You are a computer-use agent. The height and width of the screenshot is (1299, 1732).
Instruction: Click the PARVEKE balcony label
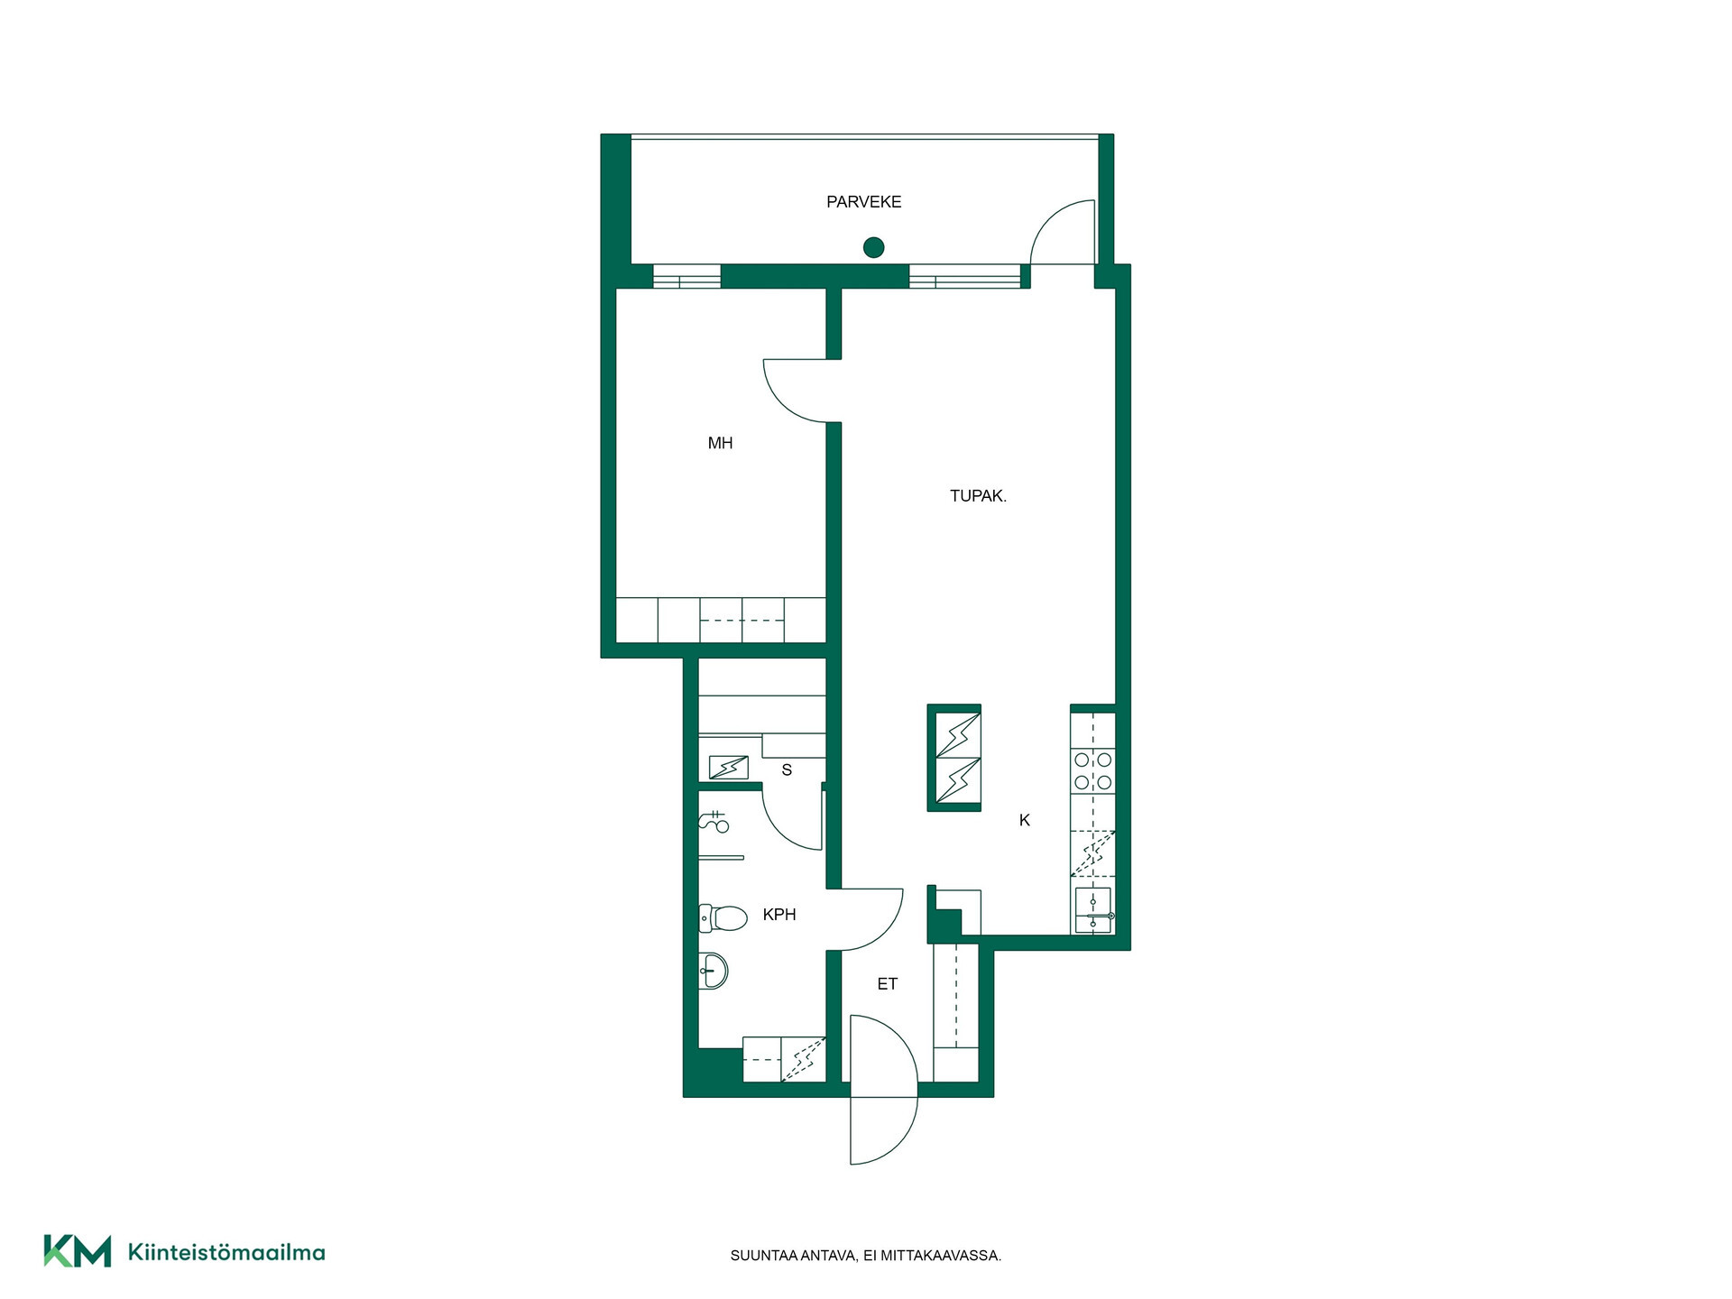[863, 202]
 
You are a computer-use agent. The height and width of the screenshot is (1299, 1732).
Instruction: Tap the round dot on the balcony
[873, 247]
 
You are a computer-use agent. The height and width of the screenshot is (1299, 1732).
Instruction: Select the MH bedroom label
[720, 443]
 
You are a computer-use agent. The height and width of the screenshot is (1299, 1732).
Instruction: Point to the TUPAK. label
[978, 496]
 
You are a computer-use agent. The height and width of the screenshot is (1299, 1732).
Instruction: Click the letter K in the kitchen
[1024, 820]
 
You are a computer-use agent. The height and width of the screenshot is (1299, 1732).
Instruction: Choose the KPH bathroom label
[779, 915]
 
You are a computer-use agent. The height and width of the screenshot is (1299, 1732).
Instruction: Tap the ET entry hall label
[888, 984]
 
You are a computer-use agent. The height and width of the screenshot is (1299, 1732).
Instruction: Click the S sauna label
[787, 770]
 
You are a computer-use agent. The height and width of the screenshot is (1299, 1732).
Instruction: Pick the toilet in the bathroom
[723, 918]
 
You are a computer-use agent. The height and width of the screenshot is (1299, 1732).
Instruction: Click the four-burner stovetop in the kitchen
[1092, 771]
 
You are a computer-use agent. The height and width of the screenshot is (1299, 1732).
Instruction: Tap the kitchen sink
[1093, 910]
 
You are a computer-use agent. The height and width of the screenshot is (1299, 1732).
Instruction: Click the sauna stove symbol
[728, 767]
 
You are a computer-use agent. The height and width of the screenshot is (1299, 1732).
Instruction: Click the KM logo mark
[78, 1251]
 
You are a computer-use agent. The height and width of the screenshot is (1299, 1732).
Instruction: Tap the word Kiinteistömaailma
[226, 1252]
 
